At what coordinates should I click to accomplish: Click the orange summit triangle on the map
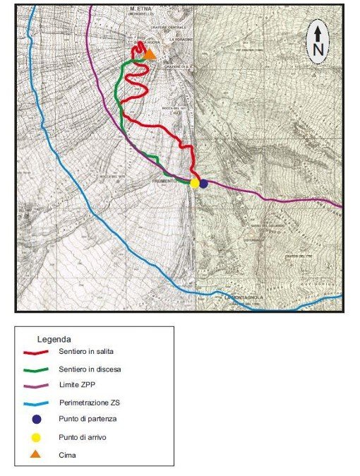tap(150, 54)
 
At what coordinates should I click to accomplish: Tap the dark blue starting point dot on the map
tap(203, 184)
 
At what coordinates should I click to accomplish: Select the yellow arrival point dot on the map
tap(195, 183)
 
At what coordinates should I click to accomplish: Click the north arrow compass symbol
tap(318, 42)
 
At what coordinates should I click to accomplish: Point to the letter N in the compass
tap(318, 49)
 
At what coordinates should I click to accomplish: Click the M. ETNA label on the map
tap(140, 11)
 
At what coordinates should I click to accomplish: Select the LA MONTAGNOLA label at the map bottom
tap(244, 298)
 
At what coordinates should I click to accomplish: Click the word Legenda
tap(54, 340)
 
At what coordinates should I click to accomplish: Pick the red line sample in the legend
tap(35, 352)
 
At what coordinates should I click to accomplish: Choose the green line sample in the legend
tap(35, 369)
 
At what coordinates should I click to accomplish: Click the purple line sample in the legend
tap(35, 386)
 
